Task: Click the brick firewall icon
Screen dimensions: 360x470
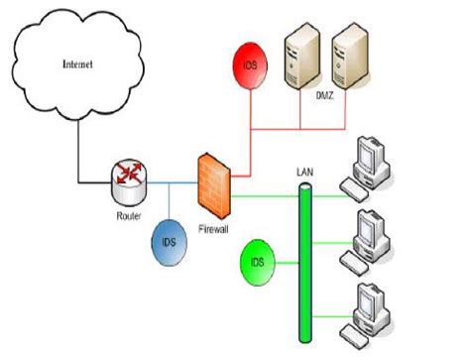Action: click(213, 185)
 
